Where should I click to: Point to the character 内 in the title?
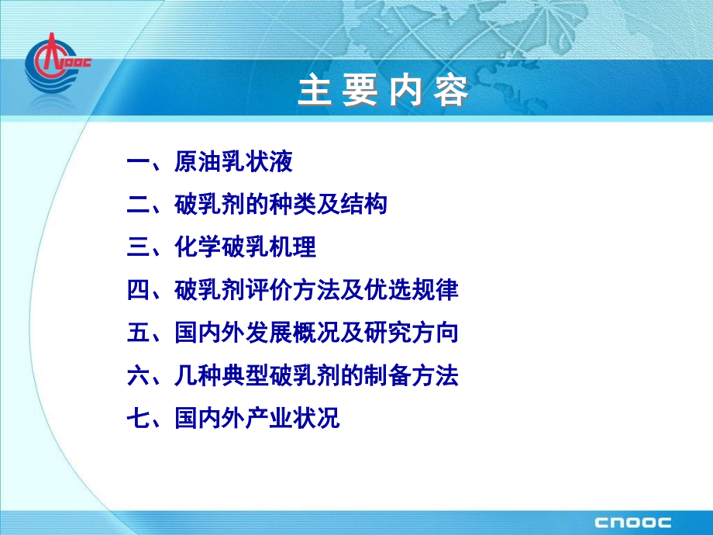(406, 92)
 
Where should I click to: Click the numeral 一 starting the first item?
(136, 164)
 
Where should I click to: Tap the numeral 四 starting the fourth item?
(136, 291)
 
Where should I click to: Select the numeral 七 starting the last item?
(136, 419)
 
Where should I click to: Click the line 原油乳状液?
(233, 164)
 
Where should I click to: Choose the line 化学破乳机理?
(245, 249)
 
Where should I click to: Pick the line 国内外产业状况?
(257, 419)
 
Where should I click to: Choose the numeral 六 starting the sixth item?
(136, 376)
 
